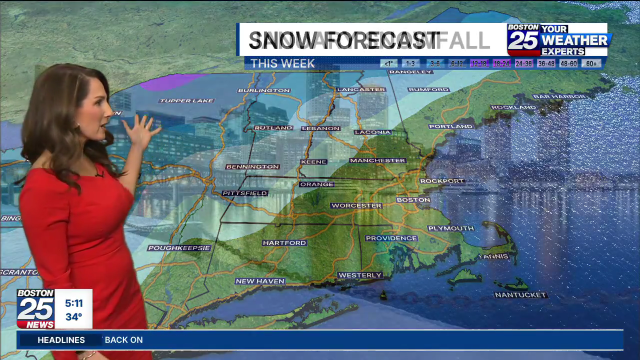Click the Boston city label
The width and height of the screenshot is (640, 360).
(413, 200)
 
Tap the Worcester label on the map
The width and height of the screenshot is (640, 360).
(356, 205)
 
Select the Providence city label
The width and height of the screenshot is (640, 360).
(391, 238)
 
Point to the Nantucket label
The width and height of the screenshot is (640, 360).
(520, 295)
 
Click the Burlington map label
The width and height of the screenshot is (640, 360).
(264, 90)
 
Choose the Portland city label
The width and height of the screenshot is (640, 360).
(450, 126)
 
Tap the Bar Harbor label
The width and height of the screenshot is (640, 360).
(559, 96)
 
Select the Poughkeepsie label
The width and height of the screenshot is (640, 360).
(179, 248)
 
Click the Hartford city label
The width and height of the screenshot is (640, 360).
(284, 243)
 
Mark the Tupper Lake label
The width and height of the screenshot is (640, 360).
(186, 101)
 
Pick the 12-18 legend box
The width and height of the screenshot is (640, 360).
(479, 63)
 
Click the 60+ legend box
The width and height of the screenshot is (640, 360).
(591, 63)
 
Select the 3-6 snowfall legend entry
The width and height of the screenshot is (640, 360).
(435, 63)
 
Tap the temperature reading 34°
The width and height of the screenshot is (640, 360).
(73, 317)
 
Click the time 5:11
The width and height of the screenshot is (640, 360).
(73, 303)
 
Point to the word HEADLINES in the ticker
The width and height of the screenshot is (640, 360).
(61, 340)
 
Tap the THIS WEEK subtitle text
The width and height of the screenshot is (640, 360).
(282, 63)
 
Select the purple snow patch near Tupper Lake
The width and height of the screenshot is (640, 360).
(170, 81)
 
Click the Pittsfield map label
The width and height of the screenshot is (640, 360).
(245, 193)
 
